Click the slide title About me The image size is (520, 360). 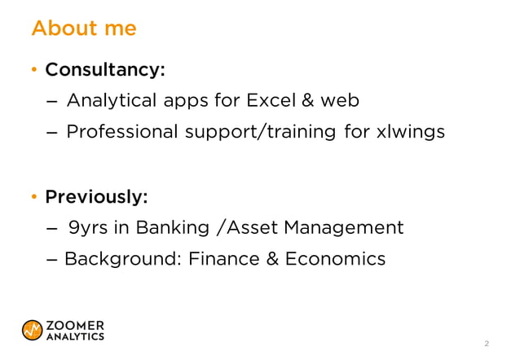[83, 29]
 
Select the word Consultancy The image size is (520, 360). [104, 70]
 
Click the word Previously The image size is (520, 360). [96, 197]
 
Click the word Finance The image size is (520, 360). [222, 260]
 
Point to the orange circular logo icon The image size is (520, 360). [33, 330]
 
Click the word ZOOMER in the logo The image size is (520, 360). [75, 324]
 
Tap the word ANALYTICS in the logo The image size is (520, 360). [75, 336]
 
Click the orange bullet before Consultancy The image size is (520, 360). [33, 71]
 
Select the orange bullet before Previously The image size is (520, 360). [33, 198]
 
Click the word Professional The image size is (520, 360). [120, 131]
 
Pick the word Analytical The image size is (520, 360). [112, 101]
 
